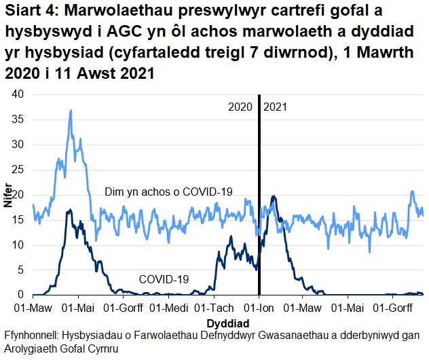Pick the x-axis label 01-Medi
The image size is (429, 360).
point(168,308)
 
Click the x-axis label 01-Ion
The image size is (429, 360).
point(259,308)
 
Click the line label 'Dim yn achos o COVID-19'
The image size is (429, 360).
point(169,192)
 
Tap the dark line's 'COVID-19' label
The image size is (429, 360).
point(164,278)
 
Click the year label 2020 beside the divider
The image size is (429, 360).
point(240,107)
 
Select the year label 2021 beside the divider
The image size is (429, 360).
point(276,107)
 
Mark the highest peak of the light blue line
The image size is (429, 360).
point(71,110)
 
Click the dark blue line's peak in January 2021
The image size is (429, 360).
point(273,196)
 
